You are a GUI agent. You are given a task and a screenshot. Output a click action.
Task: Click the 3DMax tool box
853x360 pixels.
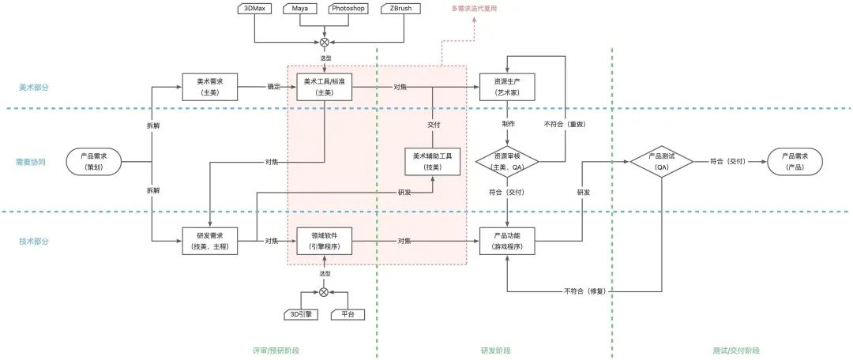[254, 9]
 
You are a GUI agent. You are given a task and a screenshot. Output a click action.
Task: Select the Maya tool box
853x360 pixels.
[299, 9]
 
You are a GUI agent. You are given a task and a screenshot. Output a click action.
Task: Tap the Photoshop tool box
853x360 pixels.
[348, 9]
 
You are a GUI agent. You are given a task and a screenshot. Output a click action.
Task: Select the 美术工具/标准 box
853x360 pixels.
[324, 86]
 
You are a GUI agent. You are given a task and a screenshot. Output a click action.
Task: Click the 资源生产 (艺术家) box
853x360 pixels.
[507, 86]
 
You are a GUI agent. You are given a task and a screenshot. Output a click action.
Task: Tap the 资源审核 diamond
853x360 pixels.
[507, 161]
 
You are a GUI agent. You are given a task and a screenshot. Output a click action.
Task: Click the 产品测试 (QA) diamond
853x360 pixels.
[661, 161]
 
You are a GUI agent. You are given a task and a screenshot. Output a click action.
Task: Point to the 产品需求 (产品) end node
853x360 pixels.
[795, 161]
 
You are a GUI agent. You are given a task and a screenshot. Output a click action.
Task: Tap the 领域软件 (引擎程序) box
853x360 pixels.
[324, 240]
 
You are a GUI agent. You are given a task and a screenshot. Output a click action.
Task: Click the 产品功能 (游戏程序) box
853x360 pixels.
[507, 240]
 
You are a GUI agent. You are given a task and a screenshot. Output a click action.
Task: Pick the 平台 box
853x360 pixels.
[348, 314]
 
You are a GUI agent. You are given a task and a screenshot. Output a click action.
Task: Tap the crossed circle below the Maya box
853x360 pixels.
[324, 43]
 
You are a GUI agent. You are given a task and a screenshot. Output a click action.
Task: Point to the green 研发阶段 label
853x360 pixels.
[495, 350]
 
